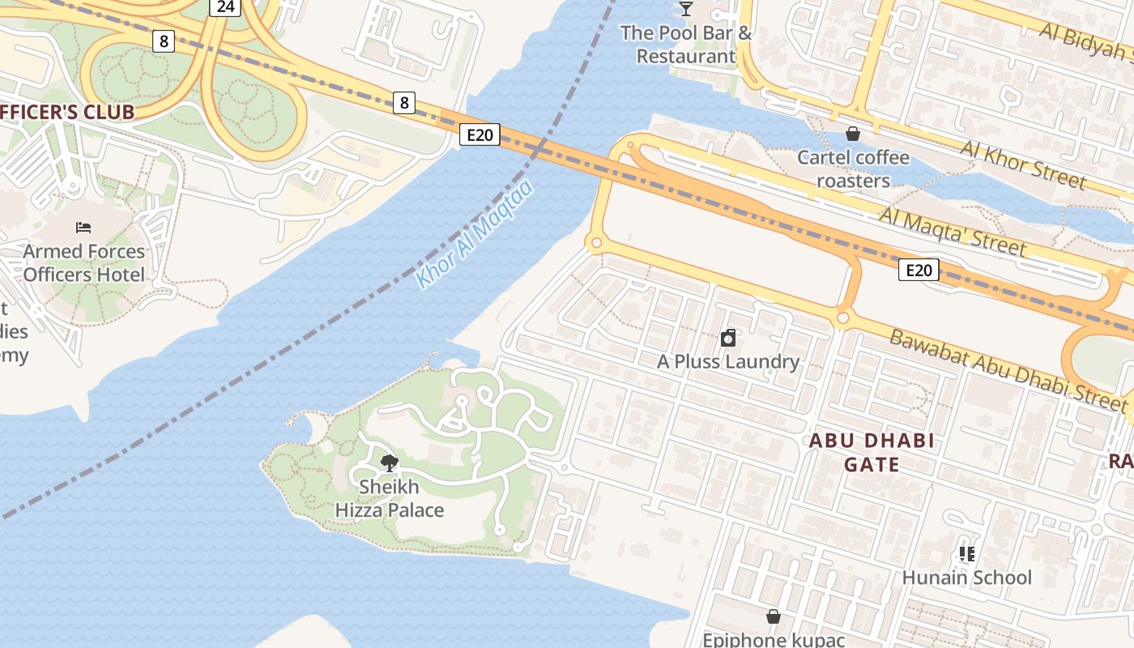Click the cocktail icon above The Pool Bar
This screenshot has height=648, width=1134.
point(686,9)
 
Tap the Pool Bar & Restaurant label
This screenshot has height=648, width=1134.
point(686,45)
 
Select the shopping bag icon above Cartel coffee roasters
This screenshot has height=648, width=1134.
point(852,134)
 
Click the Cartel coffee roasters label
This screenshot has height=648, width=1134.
point(853,168)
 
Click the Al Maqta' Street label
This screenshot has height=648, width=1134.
point(953,231)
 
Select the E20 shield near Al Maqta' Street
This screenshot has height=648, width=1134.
point(919,270)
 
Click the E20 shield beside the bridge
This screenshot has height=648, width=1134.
point(480,134)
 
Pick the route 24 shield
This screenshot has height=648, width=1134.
point(226,6)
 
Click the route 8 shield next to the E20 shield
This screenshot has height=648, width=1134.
point(404,102)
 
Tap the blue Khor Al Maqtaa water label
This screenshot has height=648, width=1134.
point(475,235)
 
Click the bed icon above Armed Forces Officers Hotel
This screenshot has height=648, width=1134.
point(83,228)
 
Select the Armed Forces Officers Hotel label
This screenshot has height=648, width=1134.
point(83,263)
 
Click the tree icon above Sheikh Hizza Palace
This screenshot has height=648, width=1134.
point(389,463)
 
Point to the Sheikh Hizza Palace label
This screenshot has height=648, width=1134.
point(390,498)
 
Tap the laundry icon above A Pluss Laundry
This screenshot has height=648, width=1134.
point(727,338)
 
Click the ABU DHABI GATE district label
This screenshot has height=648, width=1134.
point(872,452)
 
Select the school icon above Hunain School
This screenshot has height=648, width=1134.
point(966,554)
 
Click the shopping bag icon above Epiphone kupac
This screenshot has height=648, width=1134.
point(773,617)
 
